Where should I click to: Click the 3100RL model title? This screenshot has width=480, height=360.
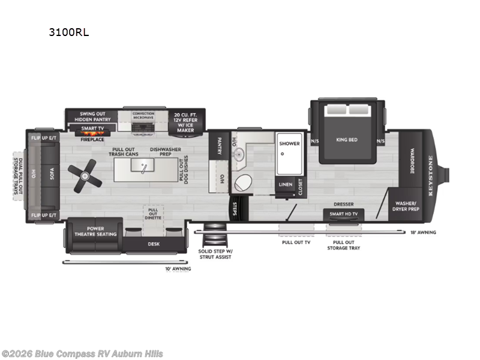coord(69,32)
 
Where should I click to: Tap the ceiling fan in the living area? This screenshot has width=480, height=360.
coord(85,175)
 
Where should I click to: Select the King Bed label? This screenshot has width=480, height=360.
coord(347,140)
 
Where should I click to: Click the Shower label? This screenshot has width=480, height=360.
coord(289,143)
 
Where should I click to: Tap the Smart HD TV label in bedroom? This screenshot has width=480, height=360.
coord(344,214)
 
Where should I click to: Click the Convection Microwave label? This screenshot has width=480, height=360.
coord(143,115)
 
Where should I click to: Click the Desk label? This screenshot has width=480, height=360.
coord(154,244)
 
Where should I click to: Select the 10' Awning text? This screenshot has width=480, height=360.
coord(178,268)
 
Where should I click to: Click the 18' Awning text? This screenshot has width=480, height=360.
coord(424,232)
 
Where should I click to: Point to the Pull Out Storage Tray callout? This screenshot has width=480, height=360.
coord(343,245)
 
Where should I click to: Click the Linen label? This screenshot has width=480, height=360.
coord(285,185)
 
